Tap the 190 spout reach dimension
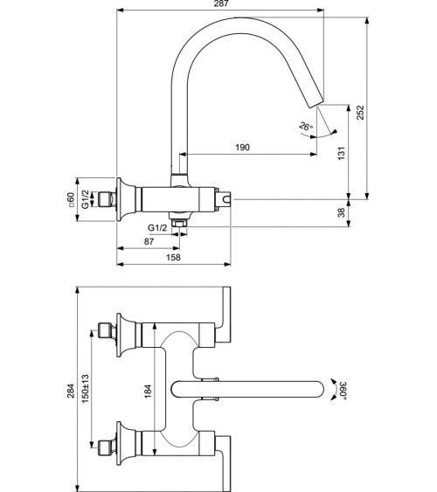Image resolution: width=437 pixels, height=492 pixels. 242,148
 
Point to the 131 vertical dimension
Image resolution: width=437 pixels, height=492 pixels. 343,151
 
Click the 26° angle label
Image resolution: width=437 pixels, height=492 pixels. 304,127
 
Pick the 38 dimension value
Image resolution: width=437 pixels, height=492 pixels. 343,211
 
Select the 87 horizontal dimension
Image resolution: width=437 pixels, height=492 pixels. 149,240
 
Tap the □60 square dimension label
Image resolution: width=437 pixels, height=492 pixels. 71,201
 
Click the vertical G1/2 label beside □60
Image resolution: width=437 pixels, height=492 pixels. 85,201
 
